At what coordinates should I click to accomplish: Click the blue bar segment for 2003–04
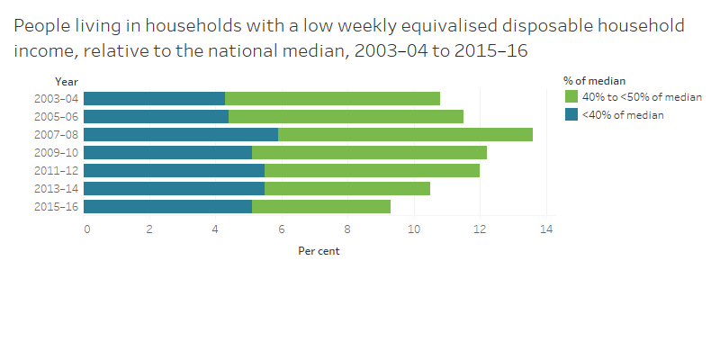[x=154, y=98]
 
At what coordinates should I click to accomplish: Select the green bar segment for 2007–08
[x=405, y=134]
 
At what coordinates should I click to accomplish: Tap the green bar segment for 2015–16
[x=321, y=206]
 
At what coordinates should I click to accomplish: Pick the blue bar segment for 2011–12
[x=174, y=170]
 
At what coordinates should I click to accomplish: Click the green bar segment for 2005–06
[x=346, y=116]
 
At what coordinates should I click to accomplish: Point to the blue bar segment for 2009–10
[x=167, y=152]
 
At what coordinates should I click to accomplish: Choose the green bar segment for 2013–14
[x=347, y=188]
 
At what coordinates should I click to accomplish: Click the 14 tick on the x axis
[x=545, y=229]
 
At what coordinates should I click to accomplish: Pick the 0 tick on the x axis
[x=86, y=229]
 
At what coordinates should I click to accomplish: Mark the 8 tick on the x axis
[x=349, y=229]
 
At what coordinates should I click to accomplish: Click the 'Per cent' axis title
[x=319, y=251]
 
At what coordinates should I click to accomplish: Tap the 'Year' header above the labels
[x=66, y=82]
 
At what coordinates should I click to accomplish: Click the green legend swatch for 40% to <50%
[x=571, y=96]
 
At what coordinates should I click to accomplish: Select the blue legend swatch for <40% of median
[x=571, y=114]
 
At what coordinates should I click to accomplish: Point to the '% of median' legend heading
[x=595, y=81]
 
